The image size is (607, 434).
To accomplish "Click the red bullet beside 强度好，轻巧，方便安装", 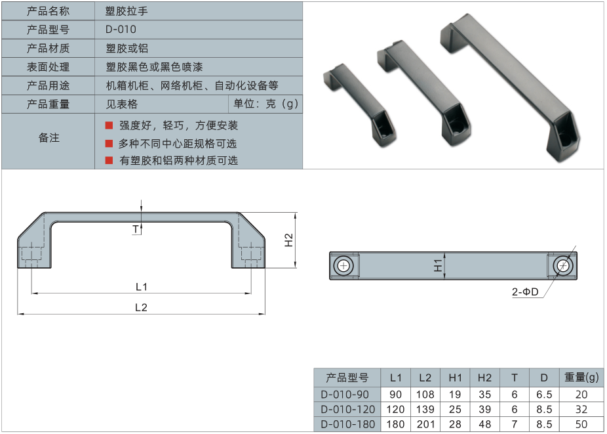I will coord(109,125).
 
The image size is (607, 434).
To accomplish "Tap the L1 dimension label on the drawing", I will coord(141,287).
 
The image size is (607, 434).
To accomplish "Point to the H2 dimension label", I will coord(289,240).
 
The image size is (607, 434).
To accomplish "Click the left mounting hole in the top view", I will coord(343,265).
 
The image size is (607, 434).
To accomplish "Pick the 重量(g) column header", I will coord(581,378).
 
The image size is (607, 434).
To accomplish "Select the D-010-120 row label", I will coord(347,409).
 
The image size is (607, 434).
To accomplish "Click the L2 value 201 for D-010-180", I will coord(425,424).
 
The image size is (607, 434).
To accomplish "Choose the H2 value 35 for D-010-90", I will coord(484,395).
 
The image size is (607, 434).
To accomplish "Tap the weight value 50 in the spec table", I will coord(581,424).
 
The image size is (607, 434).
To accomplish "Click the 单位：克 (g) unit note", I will coord(265,104).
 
